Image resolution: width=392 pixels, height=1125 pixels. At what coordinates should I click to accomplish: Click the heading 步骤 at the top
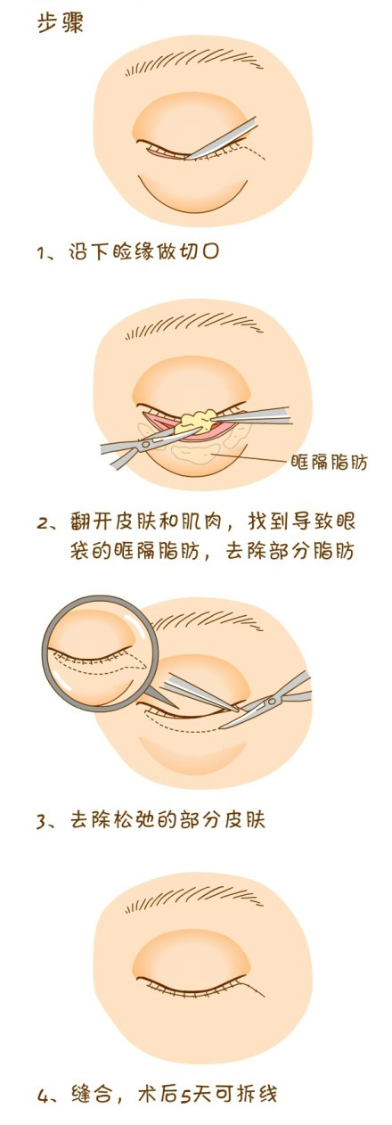click(x=60, y=23)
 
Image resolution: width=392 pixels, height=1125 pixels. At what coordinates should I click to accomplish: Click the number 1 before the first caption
click(x=41, y=252)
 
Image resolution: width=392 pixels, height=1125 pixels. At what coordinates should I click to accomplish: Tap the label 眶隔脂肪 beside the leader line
click(x=329, y=462)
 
